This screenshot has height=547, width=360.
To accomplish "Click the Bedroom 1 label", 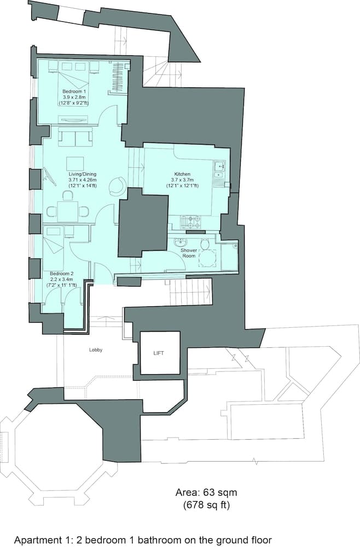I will pyautogui.click(x=73, y=91).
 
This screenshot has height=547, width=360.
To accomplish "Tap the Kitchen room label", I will pyautogui.click(x=183, y=174).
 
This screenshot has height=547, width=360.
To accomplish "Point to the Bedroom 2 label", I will pyautogui.click(x=61, y=273).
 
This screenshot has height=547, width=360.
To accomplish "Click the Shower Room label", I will pyautogui.click(x=189, y=253).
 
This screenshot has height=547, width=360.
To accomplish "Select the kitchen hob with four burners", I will pyautogui.click(x=190, y=222).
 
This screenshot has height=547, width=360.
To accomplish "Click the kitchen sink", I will pyautogui.click(x=219, y=165).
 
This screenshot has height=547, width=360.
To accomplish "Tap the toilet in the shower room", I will pyautogui.click(x=206, y=244).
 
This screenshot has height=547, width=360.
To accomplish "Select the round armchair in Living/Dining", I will pyautogui.click(x=116, y=187).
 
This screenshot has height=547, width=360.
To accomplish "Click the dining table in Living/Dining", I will pyautogui.click(x=68, y=210).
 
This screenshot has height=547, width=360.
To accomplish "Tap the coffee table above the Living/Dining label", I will pyautogui.click(x=75, y=163).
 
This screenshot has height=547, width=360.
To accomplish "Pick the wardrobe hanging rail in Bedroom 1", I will pyautogui.click(x=117, y=77).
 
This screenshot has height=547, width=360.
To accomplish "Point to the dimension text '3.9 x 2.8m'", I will pyautogui.click(x=73, y=96).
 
